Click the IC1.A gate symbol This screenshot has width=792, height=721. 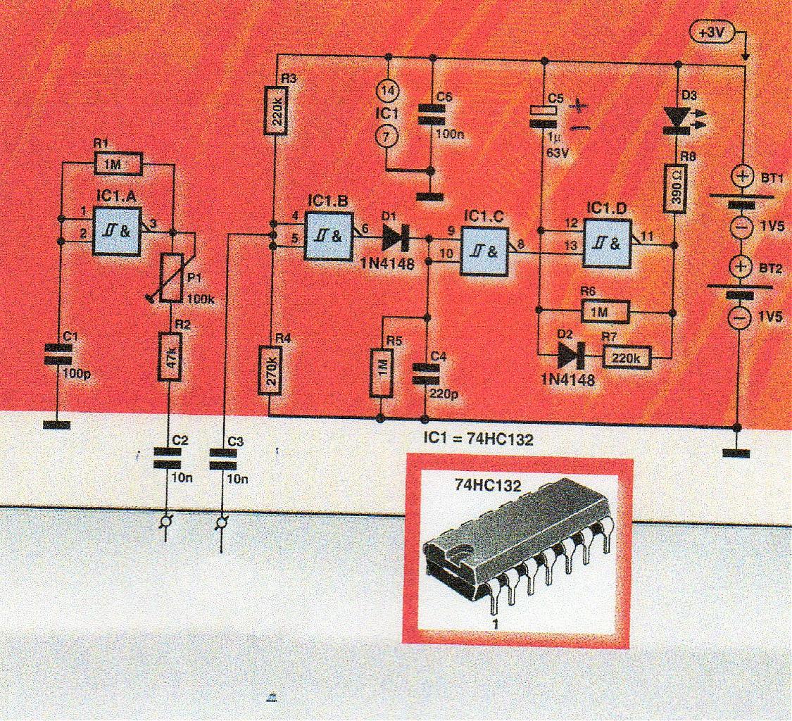(x=117, y=231)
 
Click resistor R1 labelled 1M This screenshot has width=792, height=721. (x=118, y=164)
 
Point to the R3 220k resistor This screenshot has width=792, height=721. (x=275, y=110)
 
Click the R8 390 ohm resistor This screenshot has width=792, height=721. (x=675, y=188)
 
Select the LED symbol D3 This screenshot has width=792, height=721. (x=675, y=117)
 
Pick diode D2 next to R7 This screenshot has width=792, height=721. (x=569, y=357)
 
